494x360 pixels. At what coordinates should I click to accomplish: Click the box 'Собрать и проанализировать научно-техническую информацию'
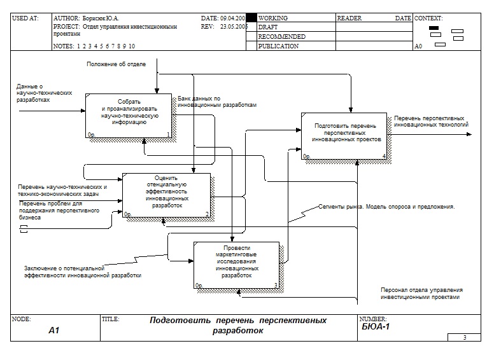point(129,114)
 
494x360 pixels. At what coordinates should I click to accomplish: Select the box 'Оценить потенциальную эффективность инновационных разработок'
point(166,195)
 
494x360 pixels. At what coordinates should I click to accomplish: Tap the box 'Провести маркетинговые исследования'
point(237,265)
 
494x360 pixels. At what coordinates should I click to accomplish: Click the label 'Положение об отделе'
point(116,64)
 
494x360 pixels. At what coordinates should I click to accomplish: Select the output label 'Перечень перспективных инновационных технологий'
point(431,121)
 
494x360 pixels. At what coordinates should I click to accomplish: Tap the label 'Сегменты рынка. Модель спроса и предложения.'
point(386,207)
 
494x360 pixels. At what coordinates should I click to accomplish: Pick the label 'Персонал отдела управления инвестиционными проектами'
point(420,293)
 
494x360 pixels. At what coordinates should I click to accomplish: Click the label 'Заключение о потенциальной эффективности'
point(83,272)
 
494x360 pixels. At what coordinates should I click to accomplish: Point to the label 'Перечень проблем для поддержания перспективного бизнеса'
point(58,210)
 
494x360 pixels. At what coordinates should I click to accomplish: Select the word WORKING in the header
point(273,19)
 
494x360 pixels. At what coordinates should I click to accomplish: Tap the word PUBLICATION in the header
point(278,46)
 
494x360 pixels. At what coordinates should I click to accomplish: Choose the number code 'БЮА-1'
point(376,327)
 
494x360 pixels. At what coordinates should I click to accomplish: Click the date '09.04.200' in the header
point(232,19)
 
